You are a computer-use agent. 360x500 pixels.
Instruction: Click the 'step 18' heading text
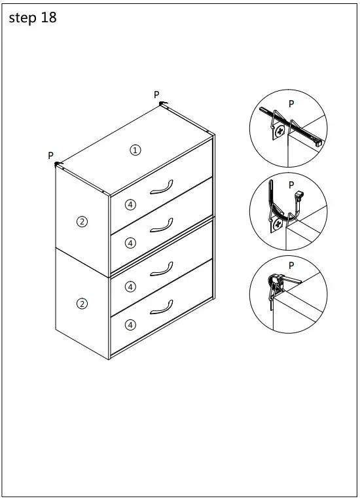pyautogui.click(x=33, y=18)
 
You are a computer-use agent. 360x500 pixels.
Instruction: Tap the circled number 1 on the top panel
pyautogui.click(x=135, y=150)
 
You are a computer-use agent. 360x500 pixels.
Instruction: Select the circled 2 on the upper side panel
pyautogui.click(x=82, y=221)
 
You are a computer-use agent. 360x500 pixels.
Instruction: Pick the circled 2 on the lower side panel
pyautogui.click(x=82, y=303)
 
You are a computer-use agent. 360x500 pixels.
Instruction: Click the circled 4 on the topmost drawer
pyautogui.click(x=130, y=205)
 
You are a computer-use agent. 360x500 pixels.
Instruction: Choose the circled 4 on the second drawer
pyautogui.click(x=130, y=243)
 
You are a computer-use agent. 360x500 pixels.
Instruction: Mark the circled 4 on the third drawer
pyautogui.click(x=130, y=286)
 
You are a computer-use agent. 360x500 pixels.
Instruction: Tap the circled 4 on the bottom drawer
pyautogui.click(x=130, y=324)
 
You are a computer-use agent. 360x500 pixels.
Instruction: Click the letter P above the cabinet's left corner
pyautogui.click(x=50, y=156)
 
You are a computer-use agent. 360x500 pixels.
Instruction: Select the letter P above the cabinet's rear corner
pyautogui.click(x=156, y=95)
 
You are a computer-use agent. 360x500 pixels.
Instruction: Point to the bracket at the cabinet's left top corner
pyautogui.click(x=58, y=164)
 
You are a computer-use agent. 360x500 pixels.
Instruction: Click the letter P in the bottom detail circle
pyautogui.click(x=291, y=265)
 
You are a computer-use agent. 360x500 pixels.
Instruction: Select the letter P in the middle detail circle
pyautogui.click(x=291, y=185)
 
